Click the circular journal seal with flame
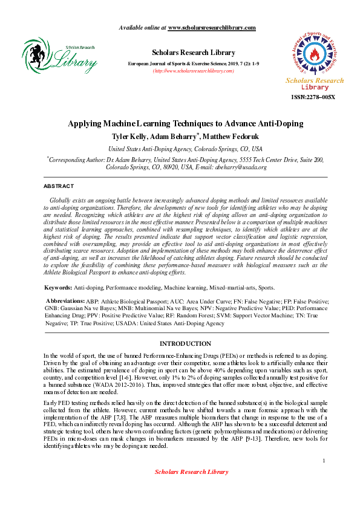tap(313, 53)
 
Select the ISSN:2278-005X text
tap(313, 97)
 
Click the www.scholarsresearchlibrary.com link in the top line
tap(212, 28)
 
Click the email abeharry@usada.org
tap(240, 167)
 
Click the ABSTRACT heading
tap(59, 186)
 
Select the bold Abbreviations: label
tap(66, 300)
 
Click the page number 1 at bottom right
tap(324, 461)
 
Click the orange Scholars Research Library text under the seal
tap(314, 84)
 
